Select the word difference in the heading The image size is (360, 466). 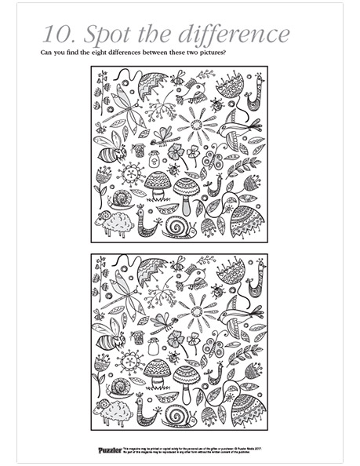(232, 34)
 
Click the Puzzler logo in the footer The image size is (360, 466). (109, 450)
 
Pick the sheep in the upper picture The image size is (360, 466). (115, 222)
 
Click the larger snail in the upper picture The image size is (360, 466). (179, 228)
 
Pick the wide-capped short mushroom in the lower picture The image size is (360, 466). (158, 371)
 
